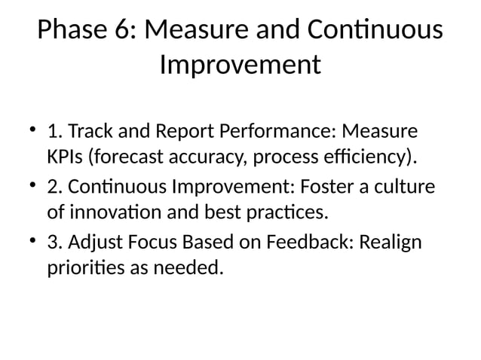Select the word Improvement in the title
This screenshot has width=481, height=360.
240,66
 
